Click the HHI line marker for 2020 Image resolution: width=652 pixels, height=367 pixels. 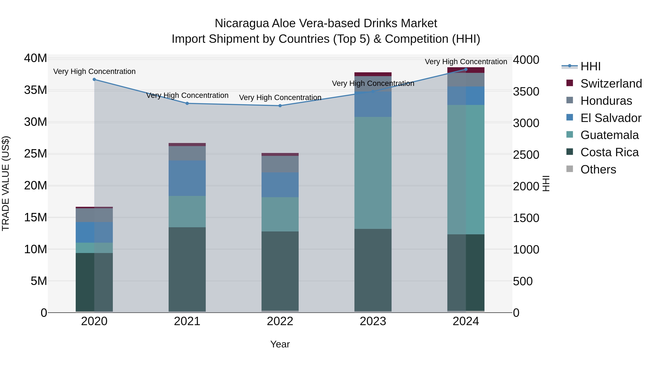[94, 79]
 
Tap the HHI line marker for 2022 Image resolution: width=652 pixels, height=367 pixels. [280, 106]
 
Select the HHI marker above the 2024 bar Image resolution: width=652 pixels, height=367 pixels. [466, 69]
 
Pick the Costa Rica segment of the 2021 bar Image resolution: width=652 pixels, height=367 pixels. [187, 269]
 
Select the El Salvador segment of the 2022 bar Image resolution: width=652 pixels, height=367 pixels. [280, 185]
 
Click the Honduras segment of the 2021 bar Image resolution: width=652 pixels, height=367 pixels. [187, 153]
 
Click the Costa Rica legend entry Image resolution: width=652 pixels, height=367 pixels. [609, 152]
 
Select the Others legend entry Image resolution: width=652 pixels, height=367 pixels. [598, 169]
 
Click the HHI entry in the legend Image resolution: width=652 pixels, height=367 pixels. [590, 66]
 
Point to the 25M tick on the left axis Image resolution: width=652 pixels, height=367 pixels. [35, 154]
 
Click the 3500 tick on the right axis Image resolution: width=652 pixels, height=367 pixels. [526, 92]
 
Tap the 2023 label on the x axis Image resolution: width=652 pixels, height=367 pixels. [373, 321]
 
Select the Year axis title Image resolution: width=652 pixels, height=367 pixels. [280, 344]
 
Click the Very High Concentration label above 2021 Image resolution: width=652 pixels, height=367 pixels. [187, 96]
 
